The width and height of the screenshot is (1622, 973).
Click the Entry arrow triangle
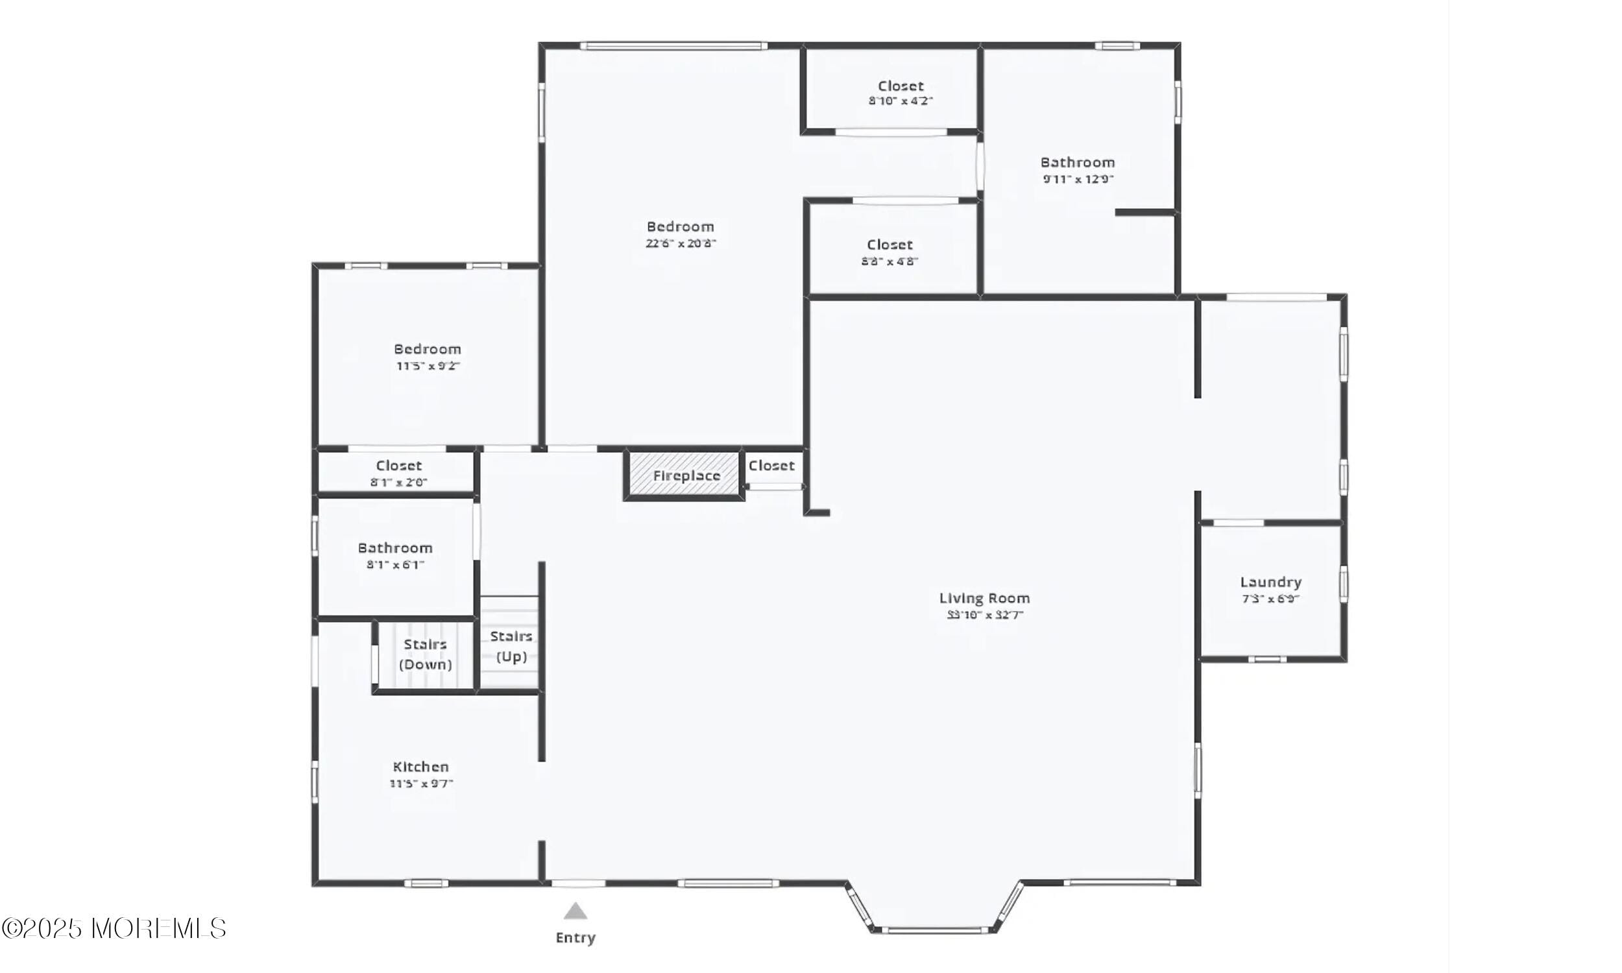[575, 911]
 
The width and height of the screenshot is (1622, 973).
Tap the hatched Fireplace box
[684, 475]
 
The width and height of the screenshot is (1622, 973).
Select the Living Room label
[984, 598]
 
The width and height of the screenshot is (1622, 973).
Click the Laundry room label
[1270, 583]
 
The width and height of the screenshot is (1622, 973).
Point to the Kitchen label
[420, 767]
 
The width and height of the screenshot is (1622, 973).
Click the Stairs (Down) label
[426, 655]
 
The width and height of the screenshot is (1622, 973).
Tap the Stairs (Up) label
[511, 647]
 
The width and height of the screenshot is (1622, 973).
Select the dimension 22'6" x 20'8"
[681, 243]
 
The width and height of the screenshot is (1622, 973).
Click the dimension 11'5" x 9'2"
[428, 366]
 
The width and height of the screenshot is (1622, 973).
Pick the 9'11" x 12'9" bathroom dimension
[1078, 179]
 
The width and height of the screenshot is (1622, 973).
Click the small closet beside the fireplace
[771, 466]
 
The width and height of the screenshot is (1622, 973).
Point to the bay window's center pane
[934, 930]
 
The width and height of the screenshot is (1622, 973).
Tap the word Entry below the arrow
[575, 937]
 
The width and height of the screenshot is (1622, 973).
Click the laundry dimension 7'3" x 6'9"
[1270, 599]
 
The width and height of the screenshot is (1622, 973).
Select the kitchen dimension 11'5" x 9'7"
[420, 784]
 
